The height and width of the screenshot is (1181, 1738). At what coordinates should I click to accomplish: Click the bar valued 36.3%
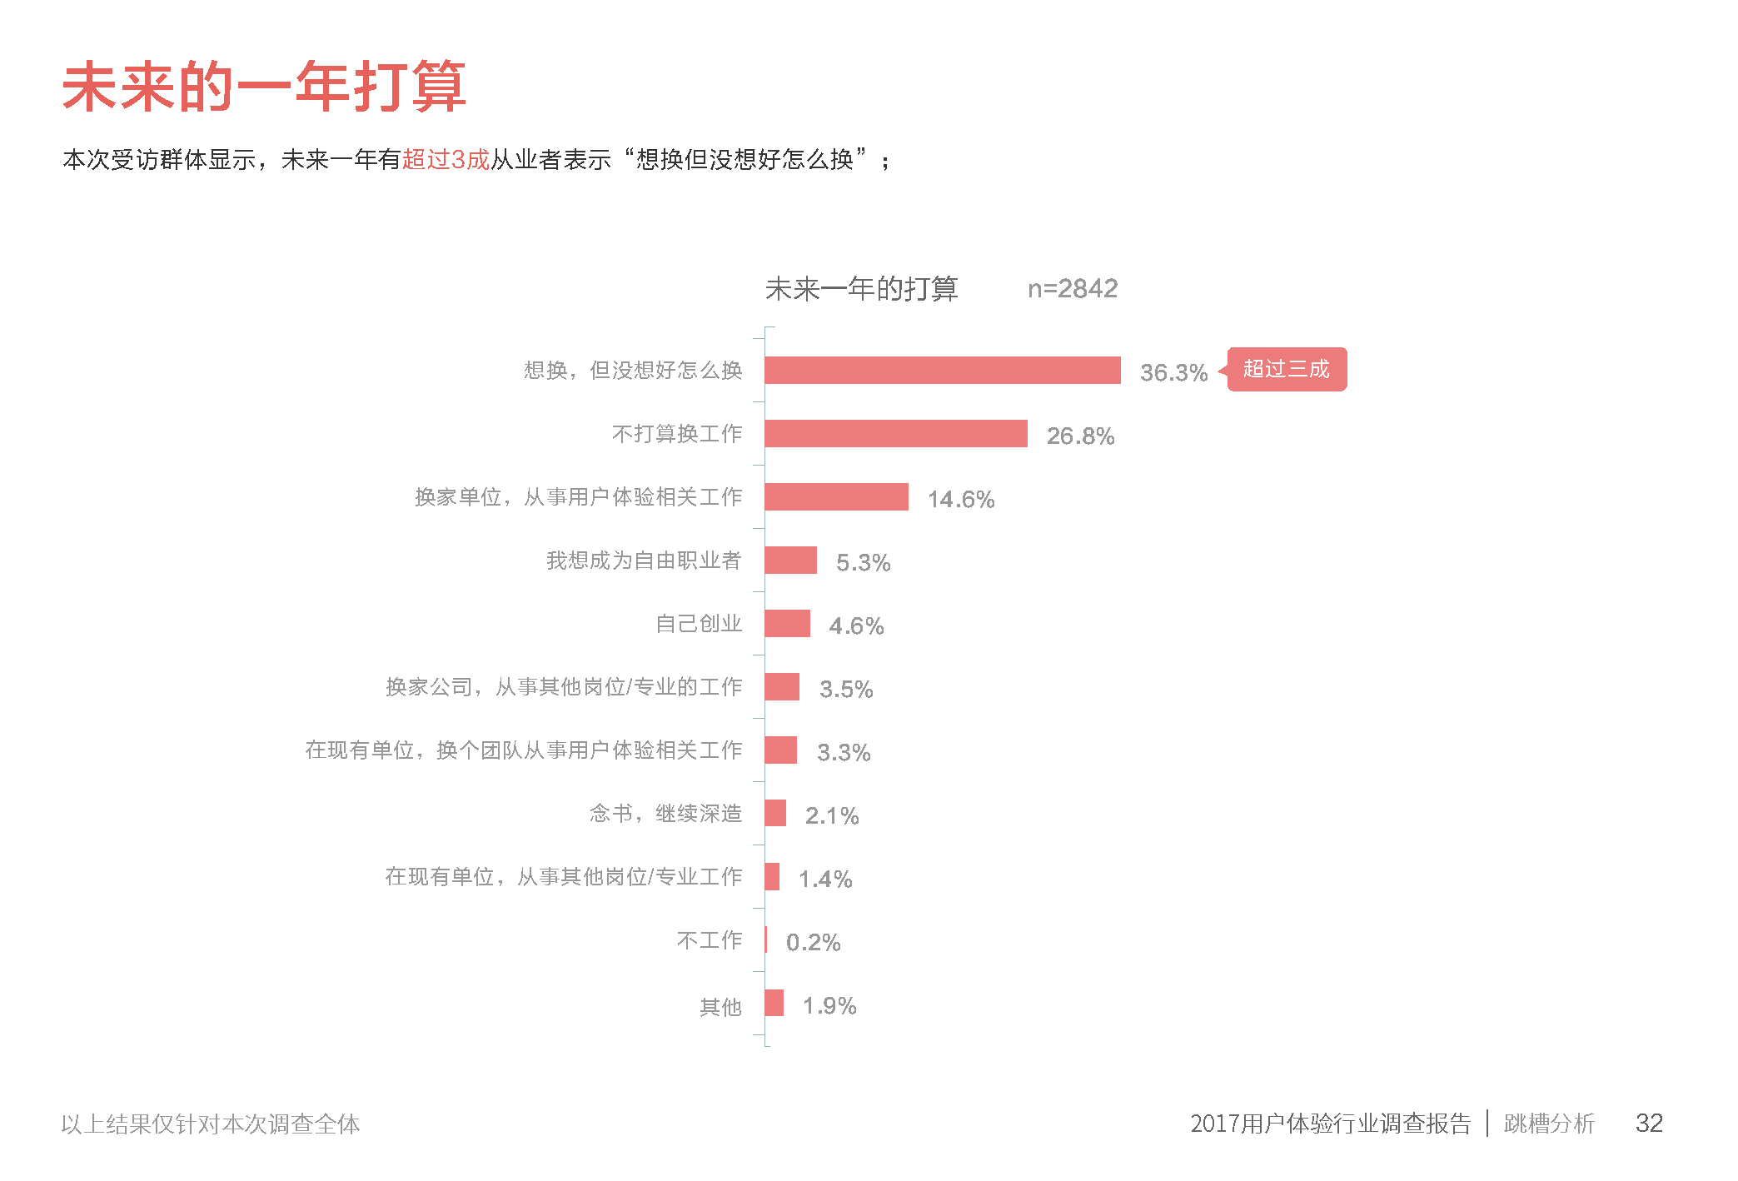click(942, 370)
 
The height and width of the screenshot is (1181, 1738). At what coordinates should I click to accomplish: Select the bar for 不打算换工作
click(895, 434)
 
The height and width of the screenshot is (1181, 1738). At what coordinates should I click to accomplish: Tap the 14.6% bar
click(836, 497)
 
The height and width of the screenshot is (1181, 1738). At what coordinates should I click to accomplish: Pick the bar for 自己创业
click(787, 623)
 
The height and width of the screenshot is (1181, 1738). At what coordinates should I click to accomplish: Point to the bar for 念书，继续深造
click(775, 813)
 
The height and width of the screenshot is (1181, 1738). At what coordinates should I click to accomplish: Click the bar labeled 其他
click(774, 1003)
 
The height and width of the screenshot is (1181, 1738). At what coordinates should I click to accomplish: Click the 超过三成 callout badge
click(1286, 369)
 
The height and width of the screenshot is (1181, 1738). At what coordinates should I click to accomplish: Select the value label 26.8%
click(1080, 436)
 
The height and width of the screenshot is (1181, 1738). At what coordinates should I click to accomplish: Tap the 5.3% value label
click(863, 563)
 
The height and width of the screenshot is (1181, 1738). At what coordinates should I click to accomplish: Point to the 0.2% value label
click(813, 942)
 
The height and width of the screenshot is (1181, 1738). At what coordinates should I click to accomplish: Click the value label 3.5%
click(846, 689)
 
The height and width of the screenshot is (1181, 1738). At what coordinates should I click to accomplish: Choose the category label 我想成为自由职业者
click(643, 561)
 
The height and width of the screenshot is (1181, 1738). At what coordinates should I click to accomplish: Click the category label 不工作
click(709, 940)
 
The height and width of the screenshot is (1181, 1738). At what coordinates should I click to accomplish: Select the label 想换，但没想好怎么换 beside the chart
click(632, 370)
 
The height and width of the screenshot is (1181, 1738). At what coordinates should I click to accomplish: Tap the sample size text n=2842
click(1072, 289)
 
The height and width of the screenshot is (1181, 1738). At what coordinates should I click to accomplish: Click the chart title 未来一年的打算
click(861, 289)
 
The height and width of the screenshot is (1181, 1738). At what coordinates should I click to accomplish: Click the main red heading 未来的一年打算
click(264, 87)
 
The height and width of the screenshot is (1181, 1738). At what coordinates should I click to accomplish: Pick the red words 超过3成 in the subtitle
click(446, 159)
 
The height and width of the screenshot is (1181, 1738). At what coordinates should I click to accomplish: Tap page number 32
click(1648, 1123)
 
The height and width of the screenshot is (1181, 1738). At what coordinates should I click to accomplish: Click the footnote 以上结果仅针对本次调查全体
click(211, 1124)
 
